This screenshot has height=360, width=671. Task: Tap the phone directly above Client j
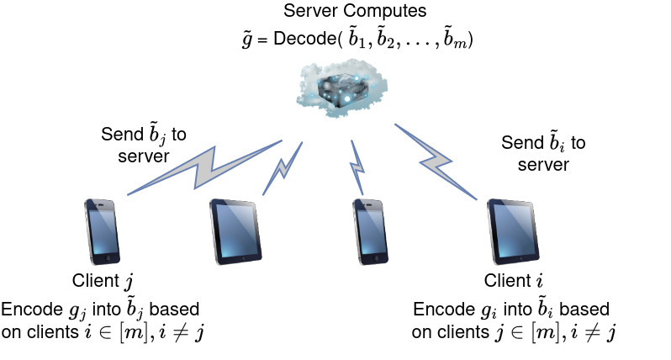point(103,231)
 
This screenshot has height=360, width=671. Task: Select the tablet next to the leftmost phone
point(235,231)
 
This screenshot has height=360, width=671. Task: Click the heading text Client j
point(103,281)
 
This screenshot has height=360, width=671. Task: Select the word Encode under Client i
point(441,308)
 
